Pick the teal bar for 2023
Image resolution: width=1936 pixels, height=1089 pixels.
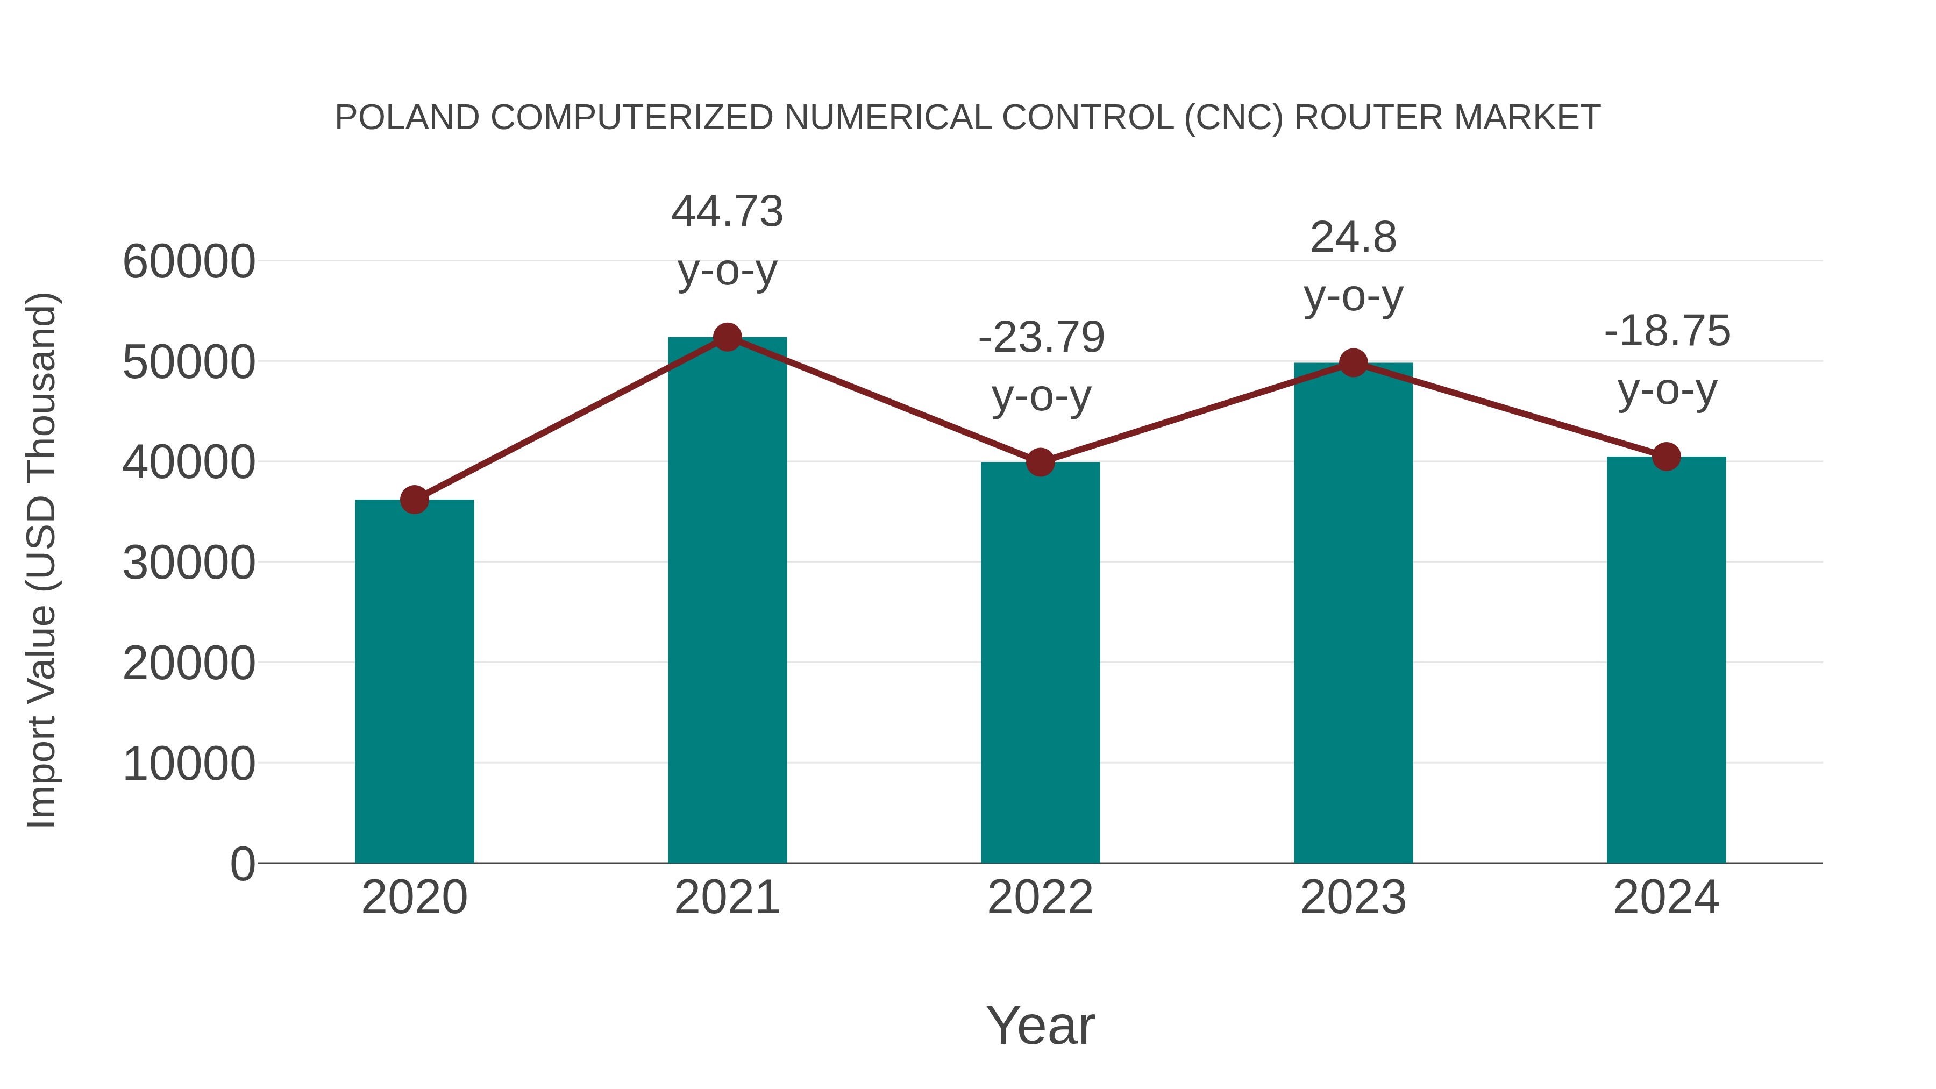coord(1353,613)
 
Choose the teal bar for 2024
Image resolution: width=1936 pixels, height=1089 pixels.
coord(1666,659)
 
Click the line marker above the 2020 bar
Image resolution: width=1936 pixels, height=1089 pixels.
coord(414,499)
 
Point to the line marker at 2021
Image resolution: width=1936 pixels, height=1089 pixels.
coord(727,337)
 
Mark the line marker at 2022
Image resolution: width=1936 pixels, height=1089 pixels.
coord(1040,462)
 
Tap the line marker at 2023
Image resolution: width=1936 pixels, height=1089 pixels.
coord(1353,363)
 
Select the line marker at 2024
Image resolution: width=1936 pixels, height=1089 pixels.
coord(1666,456)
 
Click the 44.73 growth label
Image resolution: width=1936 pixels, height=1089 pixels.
coord(727,212)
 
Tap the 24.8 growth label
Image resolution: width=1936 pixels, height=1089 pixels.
coord(1353,238)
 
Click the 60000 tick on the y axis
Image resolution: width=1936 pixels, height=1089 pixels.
coord(189,262)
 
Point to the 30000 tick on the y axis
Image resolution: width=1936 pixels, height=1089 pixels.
coord(189,563)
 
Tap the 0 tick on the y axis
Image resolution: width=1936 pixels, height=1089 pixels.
coord(242,864)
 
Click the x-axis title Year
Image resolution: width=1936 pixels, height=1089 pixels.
coord(1040,1025)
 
